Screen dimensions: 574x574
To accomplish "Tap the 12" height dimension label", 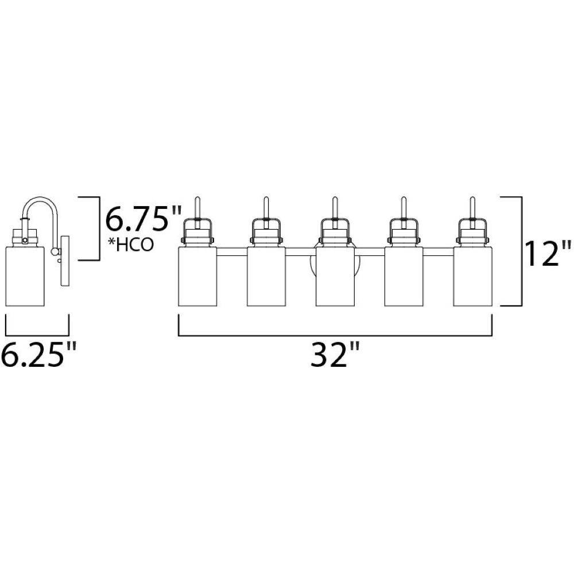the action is coord(547,253).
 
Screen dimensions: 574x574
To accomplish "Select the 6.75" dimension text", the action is coord(143,219).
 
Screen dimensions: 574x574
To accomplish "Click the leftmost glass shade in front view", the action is coord(197,277).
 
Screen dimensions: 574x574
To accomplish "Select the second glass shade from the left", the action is coord(266,277).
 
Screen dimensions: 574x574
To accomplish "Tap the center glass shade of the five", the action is coord(335,277).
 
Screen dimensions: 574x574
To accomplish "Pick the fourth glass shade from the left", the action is coord(404,277).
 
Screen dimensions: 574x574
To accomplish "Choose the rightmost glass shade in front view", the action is coord(472,277).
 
